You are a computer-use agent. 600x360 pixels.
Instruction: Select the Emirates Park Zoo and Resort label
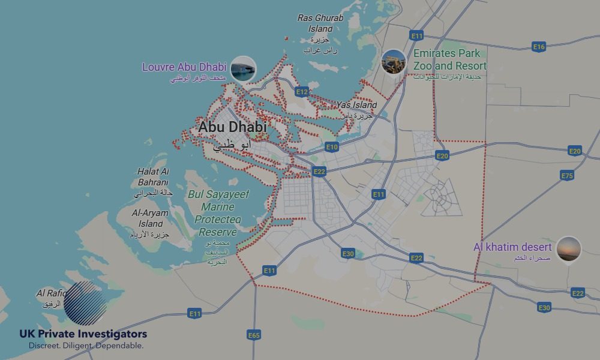pos(450,59)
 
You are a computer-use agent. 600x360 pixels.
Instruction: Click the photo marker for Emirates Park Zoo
pos(394,62)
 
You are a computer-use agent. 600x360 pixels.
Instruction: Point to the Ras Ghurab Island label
pos(320,23)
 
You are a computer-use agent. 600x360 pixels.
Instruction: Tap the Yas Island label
pos(356,105)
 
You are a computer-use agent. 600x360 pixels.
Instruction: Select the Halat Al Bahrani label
pos(153,177)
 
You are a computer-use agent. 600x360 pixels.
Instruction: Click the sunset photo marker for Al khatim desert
pos(569,249)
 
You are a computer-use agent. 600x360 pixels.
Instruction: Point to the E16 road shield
pos(539,46)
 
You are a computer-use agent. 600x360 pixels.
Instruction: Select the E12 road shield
pos(302,92)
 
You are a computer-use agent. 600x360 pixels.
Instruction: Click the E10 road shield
pos(332,146)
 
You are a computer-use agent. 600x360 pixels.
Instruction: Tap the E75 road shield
pos(567,175)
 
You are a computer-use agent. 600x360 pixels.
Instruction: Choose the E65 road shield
pos(254,335)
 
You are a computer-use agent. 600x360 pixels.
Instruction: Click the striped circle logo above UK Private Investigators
pos(85,303)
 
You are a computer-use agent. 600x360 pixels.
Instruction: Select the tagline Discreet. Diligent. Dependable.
pos(86,346)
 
